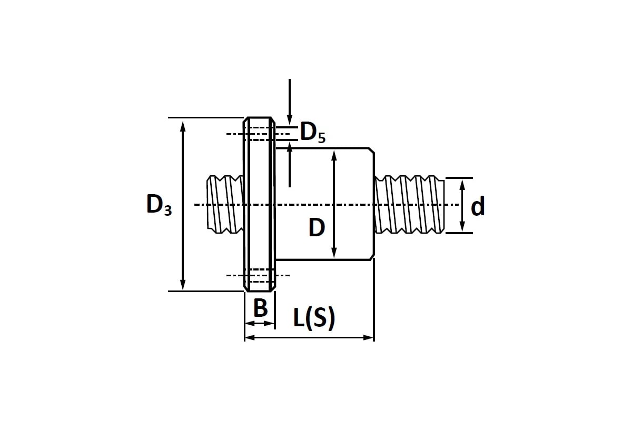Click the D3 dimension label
[159, 205]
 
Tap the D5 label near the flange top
[312, 133]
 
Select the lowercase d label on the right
[477, 207]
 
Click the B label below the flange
[260, 308]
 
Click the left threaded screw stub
[225, 204]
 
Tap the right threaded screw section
[410, 204]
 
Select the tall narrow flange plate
[259, 204]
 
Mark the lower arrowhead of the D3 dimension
[183, 285]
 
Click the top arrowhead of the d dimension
[462, 184]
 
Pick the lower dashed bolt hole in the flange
[259, 275]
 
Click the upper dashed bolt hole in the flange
[259, 134]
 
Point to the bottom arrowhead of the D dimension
[334, 254]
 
